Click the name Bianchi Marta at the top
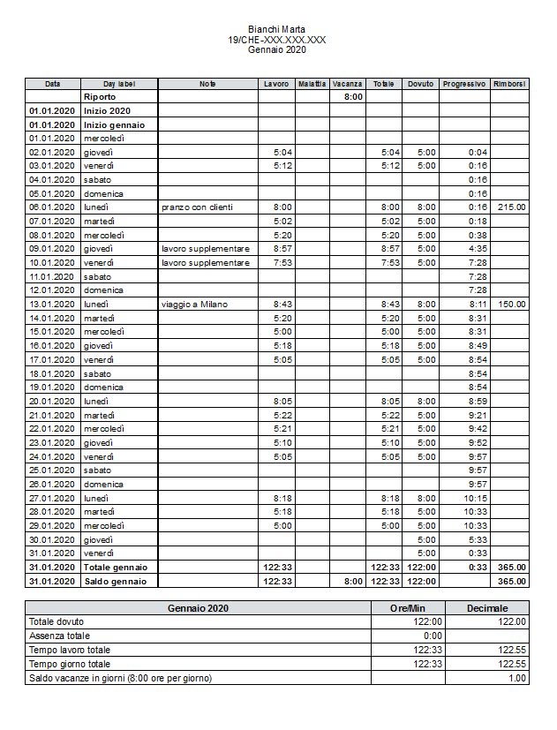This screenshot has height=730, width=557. [277, 30]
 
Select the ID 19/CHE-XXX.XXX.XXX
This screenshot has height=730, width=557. [277, 40]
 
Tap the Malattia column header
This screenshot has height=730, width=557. [312, 84]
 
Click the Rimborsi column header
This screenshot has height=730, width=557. [509, 84]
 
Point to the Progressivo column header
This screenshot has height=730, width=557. [464, 84]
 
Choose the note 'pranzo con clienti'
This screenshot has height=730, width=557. [197, 207]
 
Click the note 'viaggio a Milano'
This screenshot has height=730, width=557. [194, 305]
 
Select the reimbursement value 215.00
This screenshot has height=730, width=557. [511, 207]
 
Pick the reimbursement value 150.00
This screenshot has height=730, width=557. [511, 305]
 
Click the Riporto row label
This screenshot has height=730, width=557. [100, 97]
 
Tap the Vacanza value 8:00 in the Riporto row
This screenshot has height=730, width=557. [352, 97]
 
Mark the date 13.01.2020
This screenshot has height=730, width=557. [52, 305]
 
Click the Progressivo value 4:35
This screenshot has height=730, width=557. [478, 249]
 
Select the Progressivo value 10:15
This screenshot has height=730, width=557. [476, 498]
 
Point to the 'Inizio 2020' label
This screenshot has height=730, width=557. [107, 111]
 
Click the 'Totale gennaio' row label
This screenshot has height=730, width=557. [116, 568]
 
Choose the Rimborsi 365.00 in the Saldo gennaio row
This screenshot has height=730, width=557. [511, 582]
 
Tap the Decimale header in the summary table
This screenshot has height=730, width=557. [487, 608]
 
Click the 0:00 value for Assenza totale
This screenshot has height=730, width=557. [432, 636]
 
